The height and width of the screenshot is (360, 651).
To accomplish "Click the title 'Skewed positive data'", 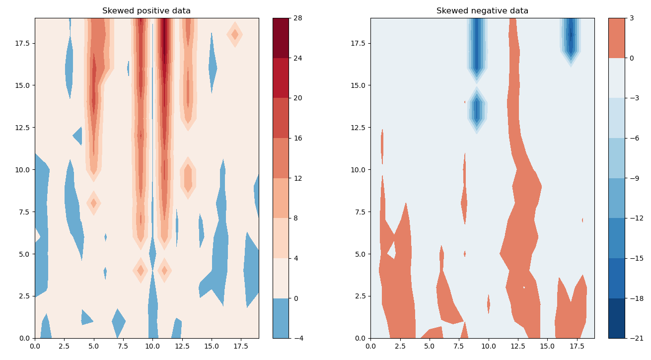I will point(146,11).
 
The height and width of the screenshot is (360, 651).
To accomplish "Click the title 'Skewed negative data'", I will point(482,11).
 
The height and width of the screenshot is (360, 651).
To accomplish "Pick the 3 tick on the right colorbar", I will point(634,18).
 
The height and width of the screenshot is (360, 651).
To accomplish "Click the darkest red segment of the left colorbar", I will point(281,38).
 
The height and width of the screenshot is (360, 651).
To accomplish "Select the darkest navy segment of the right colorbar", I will point(616,318).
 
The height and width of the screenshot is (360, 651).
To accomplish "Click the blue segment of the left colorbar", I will point(281,318).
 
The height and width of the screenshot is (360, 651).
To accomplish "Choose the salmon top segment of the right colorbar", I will point(616,38).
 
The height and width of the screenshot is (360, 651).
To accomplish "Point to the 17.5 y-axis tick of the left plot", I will point(22,43).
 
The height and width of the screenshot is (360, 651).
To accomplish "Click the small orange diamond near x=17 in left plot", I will point(235,34).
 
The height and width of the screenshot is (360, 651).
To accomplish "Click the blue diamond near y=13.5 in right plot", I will point(477,110).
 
